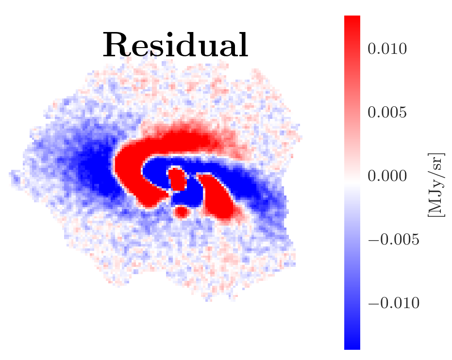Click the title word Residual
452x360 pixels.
click(175, 47)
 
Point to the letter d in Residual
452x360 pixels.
click(183, 47)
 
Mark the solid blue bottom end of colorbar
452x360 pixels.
click(352, 342)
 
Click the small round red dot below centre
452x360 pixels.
click(182, 212)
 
